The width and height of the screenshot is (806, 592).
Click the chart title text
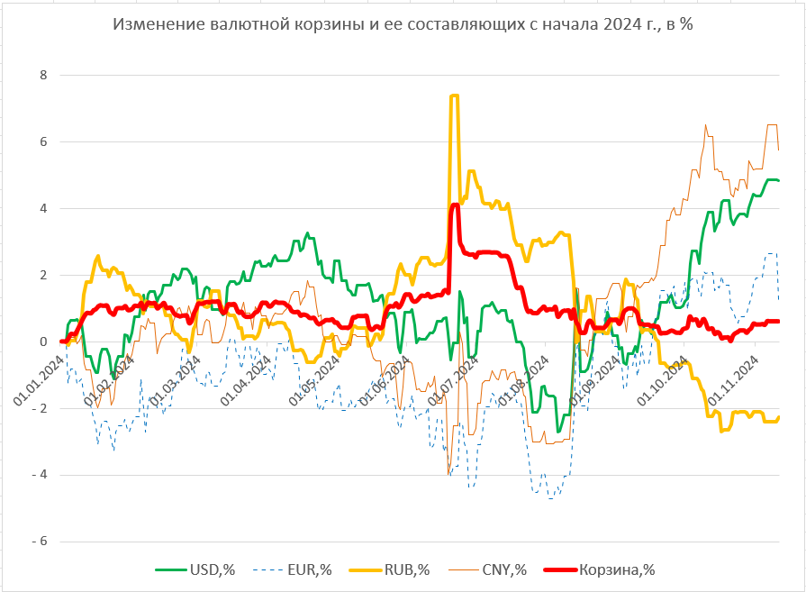403,24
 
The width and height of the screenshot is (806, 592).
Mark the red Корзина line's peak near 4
455,205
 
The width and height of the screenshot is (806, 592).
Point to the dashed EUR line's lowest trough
550,496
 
